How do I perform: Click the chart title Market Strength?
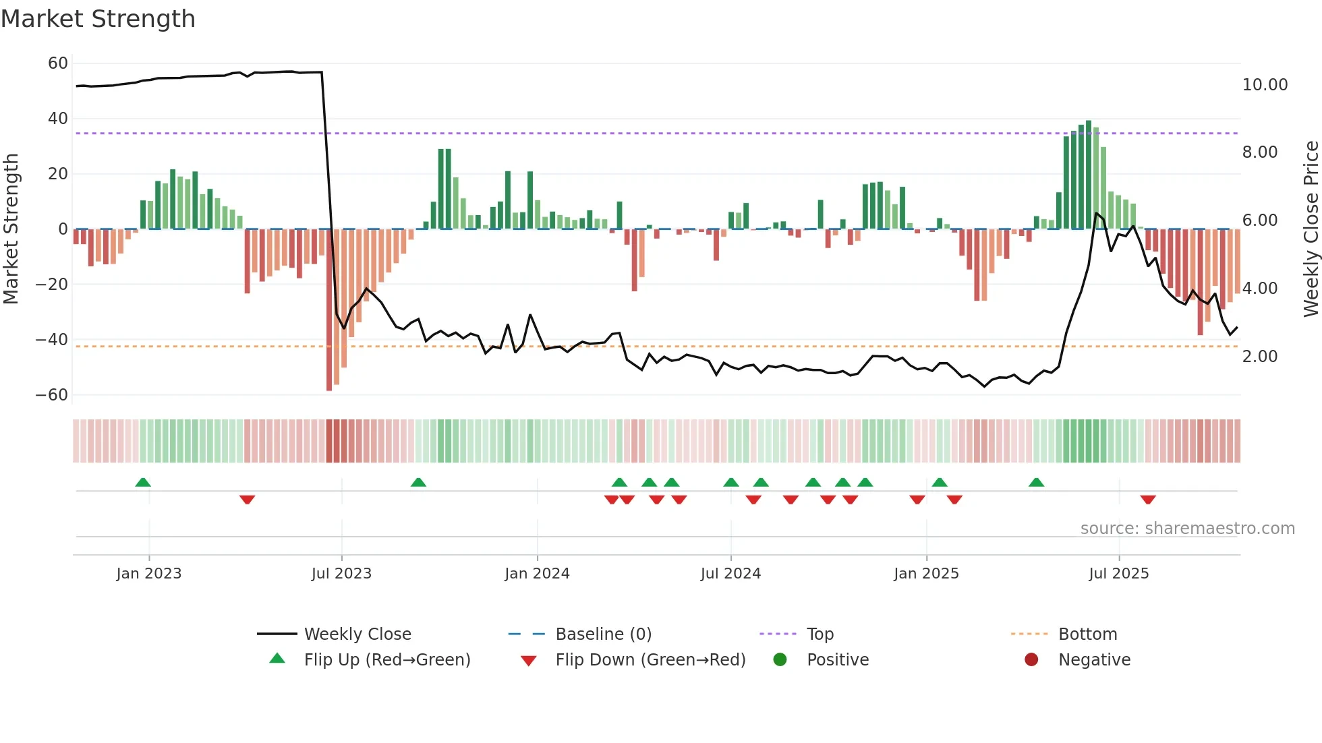[98, 19]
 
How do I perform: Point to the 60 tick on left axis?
[58, 63]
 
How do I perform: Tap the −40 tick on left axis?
[52, 340]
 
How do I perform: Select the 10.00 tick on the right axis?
[1265, 85]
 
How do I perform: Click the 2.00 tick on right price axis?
[1259, 357]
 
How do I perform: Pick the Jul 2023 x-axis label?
[341, 574]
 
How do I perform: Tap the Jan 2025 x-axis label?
[926, 574]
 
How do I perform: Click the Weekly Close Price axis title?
[1311, 229]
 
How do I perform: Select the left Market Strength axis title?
[11, 229]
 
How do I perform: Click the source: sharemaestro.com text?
[1187, 529]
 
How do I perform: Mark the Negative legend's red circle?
[1031, 660]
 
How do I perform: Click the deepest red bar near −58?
[329, 310]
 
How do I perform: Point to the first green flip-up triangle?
[143, 483]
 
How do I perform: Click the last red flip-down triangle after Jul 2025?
[1148, 500]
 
